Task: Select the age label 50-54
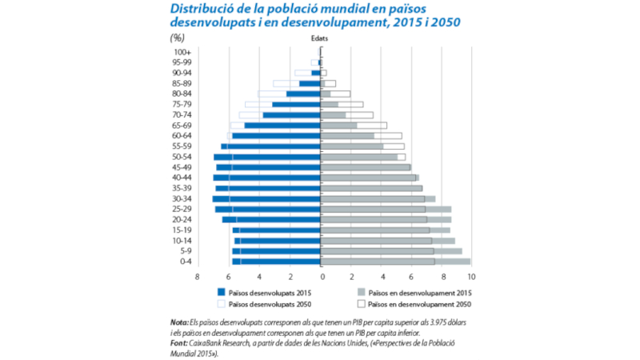[182, 157]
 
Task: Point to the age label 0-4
[185, 261]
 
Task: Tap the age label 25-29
[182, 209]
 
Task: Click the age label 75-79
[182, 104]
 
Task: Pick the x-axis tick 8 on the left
[197, 277]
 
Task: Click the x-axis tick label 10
[471, 277]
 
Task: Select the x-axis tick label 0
[322, 277]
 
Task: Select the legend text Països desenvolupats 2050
[270, 304]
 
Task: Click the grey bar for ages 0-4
[395, 261]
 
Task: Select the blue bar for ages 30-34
[266, 198]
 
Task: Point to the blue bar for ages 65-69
[282, 126]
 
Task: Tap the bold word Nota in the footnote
[170, 322]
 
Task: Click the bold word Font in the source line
[170, 342]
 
